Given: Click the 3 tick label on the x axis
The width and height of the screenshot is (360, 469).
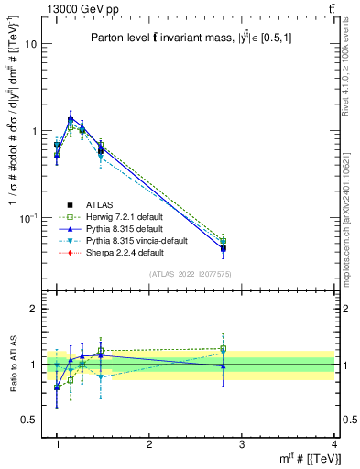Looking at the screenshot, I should click(242, 444).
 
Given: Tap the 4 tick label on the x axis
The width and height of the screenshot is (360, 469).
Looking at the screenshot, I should click(334, 444).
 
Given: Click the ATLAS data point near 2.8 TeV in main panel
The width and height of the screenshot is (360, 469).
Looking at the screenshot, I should click(224, 249).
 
